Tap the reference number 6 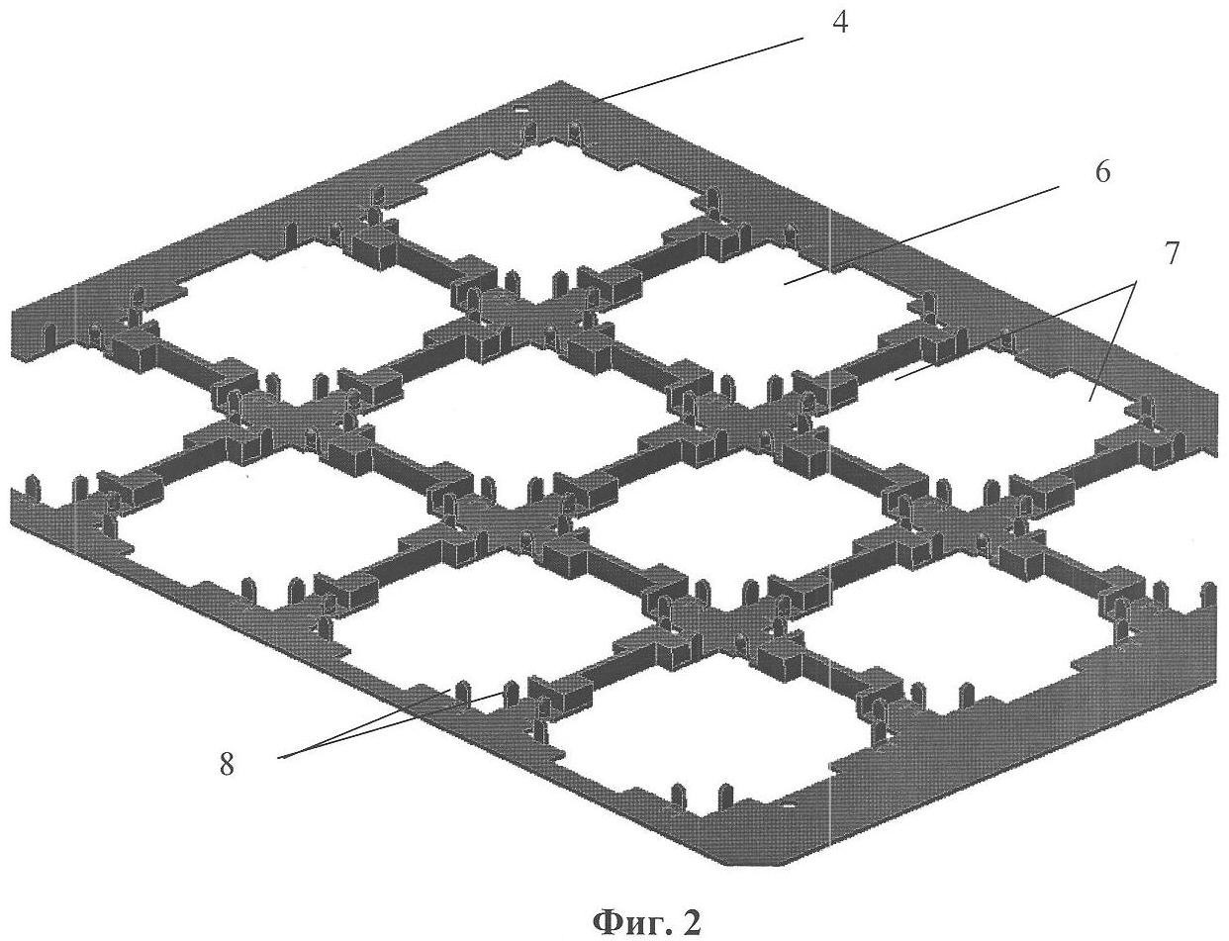click(1101, 171)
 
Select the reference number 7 click(1170, 254)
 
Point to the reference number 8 click(227, 765)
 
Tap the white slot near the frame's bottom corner click(787, 807)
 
